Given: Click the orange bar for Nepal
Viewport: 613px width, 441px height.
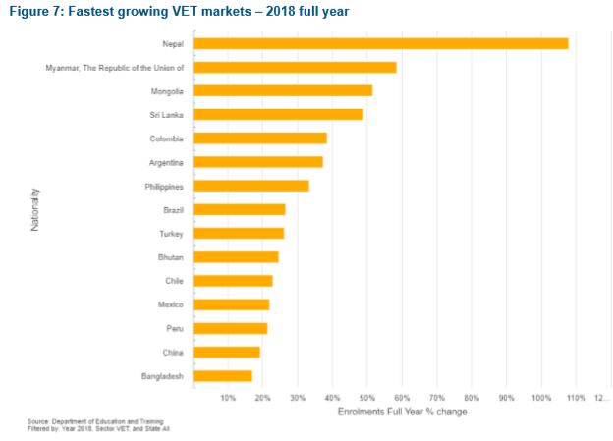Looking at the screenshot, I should coord(380,43).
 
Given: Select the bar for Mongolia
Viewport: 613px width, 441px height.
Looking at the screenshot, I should coord(283,90).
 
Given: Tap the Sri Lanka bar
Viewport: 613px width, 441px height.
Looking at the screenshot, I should coord(278,114).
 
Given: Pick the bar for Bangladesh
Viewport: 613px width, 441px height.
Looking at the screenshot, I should coord(223,375).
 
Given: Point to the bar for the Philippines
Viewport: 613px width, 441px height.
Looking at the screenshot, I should coord(251,186).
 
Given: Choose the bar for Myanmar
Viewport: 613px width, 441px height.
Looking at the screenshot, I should coord(295,67).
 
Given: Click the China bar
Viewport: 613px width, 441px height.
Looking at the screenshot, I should coord(227,352).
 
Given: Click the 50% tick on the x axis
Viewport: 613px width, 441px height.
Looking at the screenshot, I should coord(367,398).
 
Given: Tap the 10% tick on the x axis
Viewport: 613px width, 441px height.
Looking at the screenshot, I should coord(228,398).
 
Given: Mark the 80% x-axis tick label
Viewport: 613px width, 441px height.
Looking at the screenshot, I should coord(472,398).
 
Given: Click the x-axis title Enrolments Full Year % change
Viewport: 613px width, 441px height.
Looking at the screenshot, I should coord(402,412).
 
